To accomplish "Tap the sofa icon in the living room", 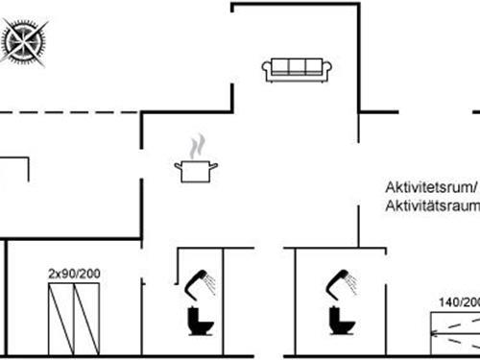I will [297, 68].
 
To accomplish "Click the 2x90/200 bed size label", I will [74, 275].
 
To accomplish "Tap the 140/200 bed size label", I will [459, 301].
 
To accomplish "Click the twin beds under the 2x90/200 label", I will [75, 321].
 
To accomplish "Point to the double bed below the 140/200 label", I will [455, 335].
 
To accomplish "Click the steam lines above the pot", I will [197, 147].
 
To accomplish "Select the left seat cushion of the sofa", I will [280, 67].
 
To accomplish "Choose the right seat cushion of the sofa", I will [313, 67].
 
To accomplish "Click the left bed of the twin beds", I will [62, 321].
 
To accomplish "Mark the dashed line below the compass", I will [67, 113].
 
